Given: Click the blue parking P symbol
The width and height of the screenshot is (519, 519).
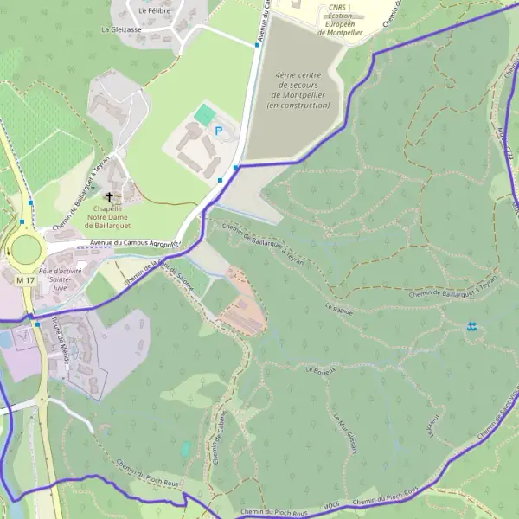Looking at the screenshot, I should (x=218, y=131).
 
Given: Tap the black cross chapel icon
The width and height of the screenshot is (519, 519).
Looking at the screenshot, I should (x=110, y=196).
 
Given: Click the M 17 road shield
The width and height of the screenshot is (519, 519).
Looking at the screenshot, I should (x=24, y=280).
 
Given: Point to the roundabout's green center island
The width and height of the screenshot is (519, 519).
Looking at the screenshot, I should (x=26, y=249).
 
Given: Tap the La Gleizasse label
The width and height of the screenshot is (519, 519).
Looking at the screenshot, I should (x=121, y=29).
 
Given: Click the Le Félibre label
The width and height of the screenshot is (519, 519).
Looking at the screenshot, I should (x=154, y=10).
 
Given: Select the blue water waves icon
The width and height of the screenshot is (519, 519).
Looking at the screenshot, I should (x=471, y=326).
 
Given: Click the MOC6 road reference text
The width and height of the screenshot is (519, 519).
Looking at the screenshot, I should (x=330, y=503).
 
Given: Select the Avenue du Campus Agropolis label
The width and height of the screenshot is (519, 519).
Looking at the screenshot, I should (x=134, y=245).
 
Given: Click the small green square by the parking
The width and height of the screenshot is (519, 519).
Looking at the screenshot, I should (x=204, y=113).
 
